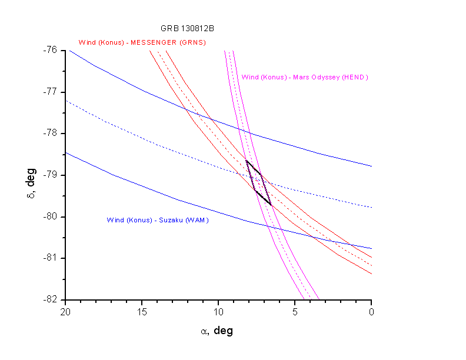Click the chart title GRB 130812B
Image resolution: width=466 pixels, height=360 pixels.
coord(182,28)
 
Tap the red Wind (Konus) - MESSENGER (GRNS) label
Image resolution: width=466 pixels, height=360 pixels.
coord(142,42)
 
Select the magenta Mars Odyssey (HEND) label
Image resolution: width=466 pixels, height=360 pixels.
coord(305,77)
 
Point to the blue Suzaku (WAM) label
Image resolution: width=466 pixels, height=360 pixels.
coord(158,220)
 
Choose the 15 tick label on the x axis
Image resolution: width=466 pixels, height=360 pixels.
coord(142,311)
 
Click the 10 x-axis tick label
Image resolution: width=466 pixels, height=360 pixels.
coord(218,311)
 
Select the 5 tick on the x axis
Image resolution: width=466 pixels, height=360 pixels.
coord(295,311)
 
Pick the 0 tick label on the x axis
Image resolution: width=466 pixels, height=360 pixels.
coord(372,311)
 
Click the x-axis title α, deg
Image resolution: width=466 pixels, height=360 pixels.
coord(217,331)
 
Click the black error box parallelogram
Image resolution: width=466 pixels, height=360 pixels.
coord(258,182)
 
